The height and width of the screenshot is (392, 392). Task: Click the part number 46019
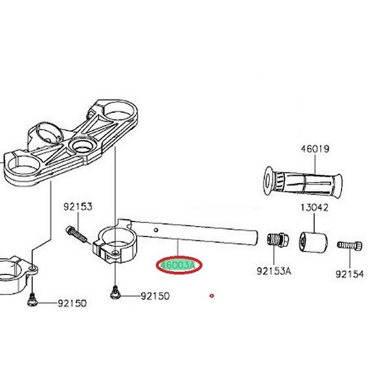coord(315,150)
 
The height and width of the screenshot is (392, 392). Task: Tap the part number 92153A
coord(274,270)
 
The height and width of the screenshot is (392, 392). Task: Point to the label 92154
coord(350,275)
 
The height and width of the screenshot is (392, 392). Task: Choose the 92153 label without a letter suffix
coord(78,207)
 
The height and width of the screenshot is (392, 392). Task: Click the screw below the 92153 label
coord(77,233)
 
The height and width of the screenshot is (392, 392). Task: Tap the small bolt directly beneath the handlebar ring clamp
coord(116,294)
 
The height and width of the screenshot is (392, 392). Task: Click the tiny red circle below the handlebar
coord(212,296)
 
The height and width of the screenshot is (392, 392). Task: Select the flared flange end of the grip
coord(267,180)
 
